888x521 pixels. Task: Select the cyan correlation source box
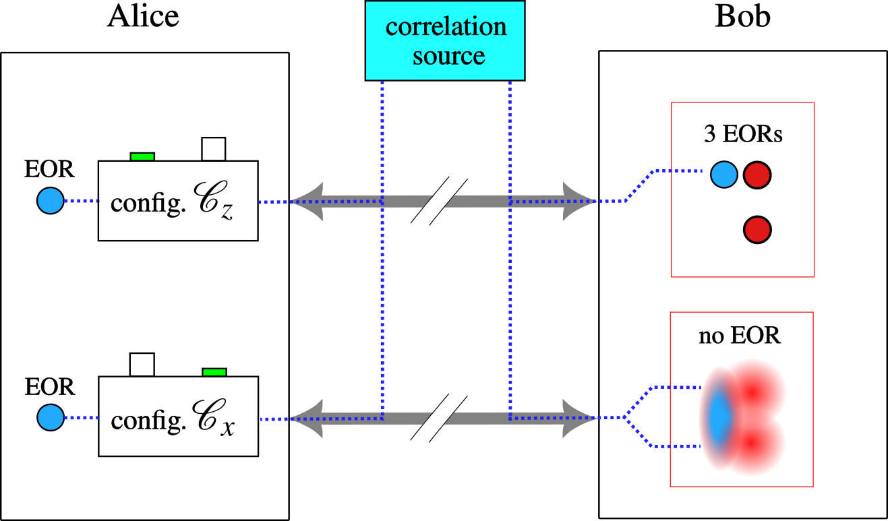445,40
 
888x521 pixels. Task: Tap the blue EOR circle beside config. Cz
50,201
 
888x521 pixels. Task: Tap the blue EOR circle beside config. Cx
50,418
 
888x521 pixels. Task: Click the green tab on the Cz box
142,156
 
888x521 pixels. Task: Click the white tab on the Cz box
214,148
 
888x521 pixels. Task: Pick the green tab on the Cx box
214,372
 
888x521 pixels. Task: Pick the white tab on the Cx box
142,365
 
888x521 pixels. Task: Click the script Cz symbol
214,204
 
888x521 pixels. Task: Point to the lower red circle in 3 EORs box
757,230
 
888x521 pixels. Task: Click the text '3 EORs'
743,134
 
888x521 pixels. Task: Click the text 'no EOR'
740,335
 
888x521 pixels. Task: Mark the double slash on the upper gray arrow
439,201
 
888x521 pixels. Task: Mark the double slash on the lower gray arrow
439,418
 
